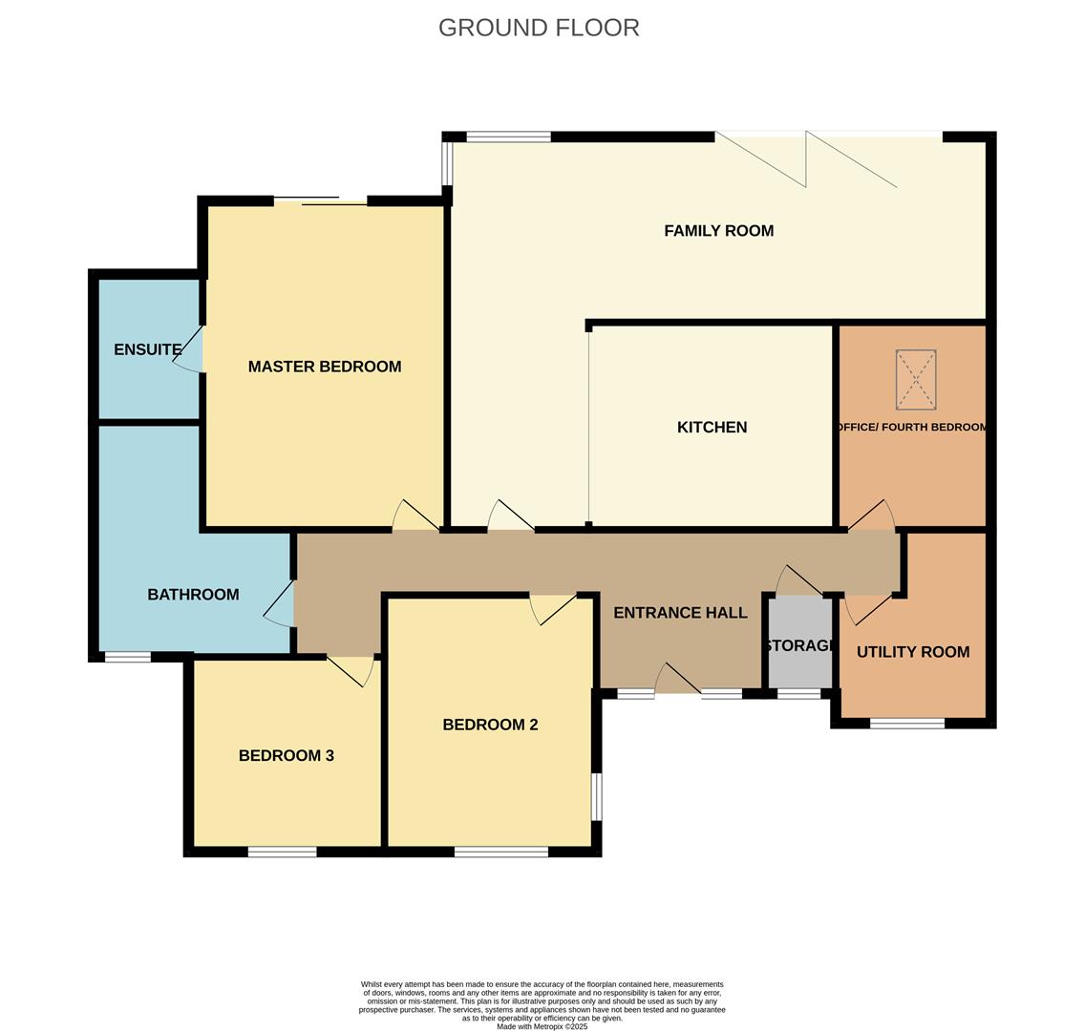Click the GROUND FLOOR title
tap(539, 28)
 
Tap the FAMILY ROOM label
tap(718, 230)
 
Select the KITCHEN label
tap(712, 427)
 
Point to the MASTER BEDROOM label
tap(324, 367)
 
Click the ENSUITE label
tap(147, 349)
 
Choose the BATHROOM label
tap(193, 595)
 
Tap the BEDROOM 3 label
tap(286, 755)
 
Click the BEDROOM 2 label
tap(490, 725)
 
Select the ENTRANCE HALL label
tap(680, 613)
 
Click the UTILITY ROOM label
tap(912, 652)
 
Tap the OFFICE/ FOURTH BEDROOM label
tap(912, 427)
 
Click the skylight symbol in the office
tap(915, 379)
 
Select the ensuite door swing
tap(190, 349)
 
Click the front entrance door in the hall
tap(677, 681)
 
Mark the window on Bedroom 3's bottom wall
tap(282, 852)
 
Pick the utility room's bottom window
tap(906, 724)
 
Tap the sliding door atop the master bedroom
tap(320, 200)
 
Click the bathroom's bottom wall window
tap(127, 657)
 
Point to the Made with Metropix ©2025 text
tap(542, 1026)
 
